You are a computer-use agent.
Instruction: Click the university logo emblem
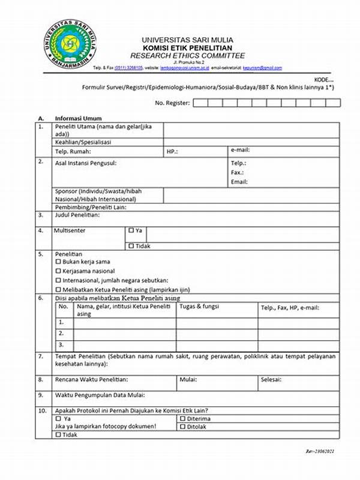click(x=71, y=45)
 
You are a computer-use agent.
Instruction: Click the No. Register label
click(x=172, y=103)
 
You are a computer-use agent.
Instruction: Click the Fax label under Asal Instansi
click(x=238, y=172)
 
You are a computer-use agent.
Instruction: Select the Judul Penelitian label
click(x=77, y=214)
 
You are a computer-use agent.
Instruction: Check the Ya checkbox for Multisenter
click(x=131, y=230)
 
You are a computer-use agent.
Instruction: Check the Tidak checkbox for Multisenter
click(x=131, y=245)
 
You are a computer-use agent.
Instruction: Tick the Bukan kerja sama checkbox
click(x=58, y=262)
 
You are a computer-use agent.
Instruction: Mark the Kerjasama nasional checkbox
click(x=58, y=271)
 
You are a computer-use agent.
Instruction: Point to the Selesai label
click(x=272, y=380)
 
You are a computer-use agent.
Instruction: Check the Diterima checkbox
click(x=182, y=419)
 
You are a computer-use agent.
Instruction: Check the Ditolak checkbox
click(x=182, y=427)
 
